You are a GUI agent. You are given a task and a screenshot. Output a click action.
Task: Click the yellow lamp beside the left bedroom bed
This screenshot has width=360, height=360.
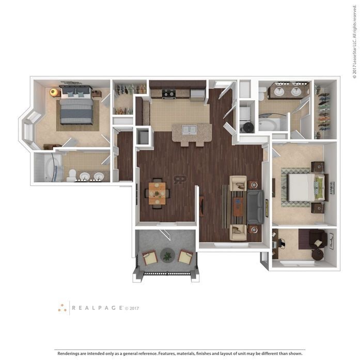(x=54, y=92)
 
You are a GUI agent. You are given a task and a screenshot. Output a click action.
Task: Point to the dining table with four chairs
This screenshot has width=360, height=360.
(x=157, y=193)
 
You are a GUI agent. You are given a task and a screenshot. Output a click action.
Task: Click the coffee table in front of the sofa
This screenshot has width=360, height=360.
(x=238, y=207)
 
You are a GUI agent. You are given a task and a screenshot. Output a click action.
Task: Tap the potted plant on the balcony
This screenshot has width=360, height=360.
(x=167, y=255)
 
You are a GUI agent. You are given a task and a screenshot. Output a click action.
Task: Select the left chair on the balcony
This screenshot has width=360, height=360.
(x=150, y=257)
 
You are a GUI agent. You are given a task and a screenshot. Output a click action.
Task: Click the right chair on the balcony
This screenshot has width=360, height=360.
(x=185, y=256)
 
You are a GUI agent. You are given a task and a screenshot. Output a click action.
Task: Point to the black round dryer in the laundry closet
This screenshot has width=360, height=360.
(x=248, y=127)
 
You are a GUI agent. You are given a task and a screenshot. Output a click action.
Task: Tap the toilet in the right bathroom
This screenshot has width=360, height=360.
(x=262, y=93)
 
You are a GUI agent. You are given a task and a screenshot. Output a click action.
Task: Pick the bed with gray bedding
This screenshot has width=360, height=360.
(x=77, y=104)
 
